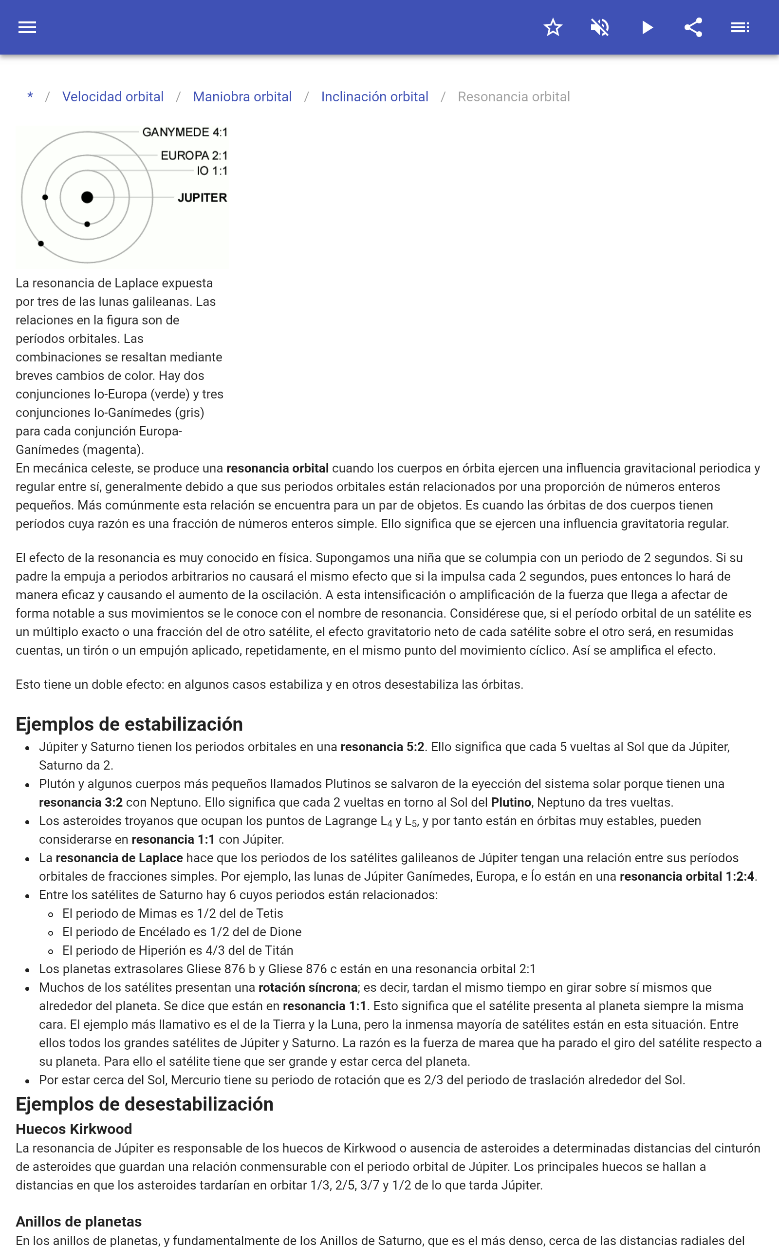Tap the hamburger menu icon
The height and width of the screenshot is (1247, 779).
27,27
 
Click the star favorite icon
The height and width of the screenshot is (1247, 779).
553,27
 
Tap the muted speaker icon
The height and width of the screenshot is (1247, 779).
600,27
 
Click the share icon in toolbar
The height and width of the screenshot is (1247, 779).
693,27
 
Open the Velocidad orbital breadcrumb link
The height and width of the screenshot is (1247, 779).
113,97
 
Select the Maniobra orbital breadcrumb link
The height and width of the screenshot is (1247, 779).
242,97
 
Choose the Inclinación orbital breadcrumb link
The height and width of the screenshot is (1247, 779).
374,97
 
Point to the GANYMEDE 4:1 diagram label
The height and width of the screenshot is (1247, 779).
185,132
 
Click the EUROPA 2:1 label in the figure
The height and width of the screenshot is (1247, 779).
194,155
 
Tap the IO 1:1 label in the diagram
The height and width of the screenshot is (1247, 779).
212,171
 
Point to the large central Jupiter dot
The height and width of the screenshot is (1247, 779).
87,197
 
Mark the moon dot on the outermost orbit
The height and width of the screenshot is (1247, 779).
41,244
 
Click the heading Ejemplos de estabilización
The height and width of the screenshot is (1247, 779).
129,724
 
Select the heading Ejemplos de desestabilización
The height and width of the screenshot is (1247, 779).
144,1104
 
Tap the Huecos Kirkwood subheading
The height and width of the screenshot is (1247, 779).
74,1129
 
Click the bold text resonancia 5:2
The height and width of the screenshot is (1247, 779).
382,747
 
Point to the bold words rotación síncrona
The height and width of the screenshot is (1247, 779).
308,987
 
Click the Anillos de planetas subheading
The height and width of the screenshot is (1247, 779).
78,1222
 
